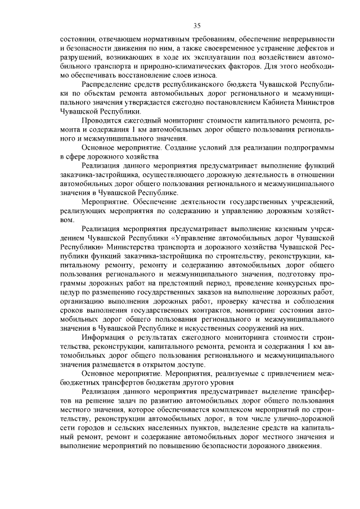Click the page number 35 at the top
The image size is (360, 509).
(x=197, y=25)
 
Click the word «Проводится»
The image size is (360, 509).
(x=101, y=121)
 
